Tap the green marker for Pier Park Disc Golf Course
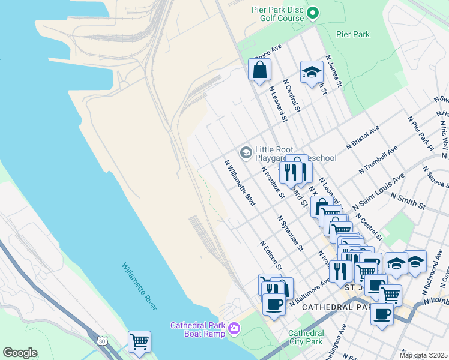[x=312, y=13]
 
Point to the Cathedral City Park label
[x=306, y=337]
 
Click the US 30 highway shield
[x=101, y=341]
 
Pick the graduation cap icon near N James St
[x=311, y=73]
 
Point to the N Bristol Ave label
[x=363, y=137]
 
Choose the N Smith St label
[x=408, y=200]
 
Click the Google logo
[x=20, y=353]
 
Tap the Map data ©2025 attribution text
[x=423, y=355]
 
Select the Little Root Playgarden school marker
[x=245, y=153]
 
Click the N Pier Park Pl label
[x=420, y=133]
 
